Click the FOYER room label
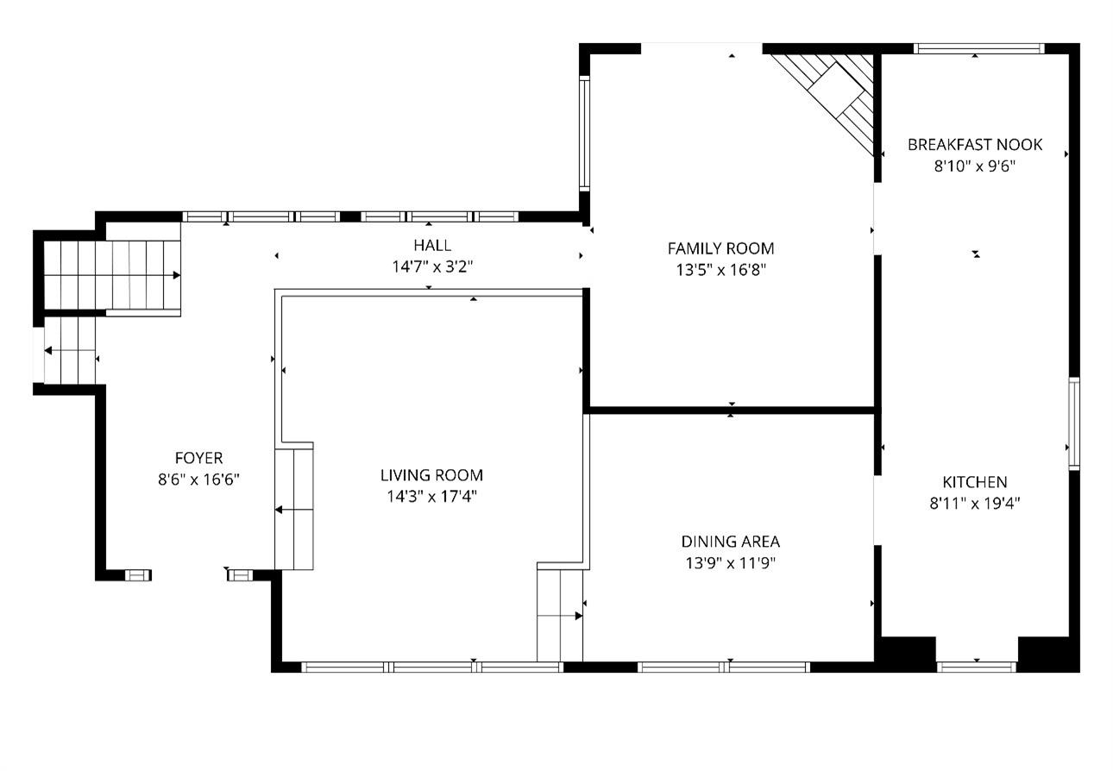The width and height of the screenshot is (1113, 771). click(x=198, y=458)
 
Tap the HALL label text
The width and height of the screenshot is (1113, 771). click(x=432, y=245)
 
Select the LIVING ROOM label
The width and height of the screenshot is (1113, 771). click(x=431, y=475)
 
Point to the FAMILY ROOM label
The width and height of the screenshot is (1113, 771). click(x=721, y=248)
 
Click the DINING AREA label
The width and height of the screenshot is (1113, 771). click(x=731, y=541)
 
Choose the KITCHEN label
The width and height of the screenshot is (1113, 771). click(x=975, y=482)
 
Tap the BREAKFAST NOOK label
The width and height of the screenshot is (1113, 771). click(x=975, y=145)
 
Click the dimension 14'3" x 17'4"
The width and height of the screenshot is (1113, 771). click(x=431, y=496)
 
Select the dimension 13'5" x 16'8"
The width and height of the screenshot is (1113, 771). click(x=721, y=270)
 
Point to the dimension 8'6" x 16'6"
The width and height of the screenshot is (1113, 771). click(x=198, y=480)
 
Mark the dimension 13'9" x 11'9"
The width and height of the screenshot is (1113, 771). click(x=731, y=563)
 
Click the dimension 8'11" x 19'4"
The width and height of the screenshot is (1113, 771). click(x=975, y=504)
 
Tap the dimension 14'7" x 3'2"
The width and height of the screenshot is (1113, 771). click(x=432, y=266)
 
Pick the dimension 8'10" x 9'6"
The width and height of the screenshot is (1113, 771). click(x=975, y=166)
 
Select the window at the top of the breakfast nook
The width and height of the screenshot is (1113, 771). click(x=979, y=48)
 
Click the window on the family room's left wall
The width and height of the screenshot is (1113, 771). click(x=584, y=133)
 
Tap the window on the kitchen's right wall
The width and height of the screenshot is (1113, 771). click(x=1074, y=423)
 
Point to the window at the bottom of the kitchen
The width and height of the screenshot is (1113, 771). click(x=977, y=667)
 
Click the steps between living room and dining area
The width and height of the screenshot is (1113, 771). click(x=560, y=616)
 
